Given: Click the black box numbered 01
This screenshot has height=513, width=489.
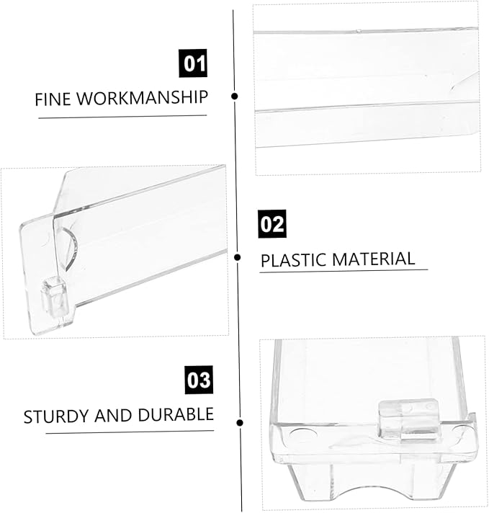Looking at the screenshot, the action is [193, 63].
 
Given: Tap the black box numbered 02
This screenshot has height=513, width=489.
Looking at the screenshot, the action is [272, 224].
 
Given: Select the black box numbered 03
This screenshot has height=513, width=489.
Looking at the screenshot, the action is [199, 380].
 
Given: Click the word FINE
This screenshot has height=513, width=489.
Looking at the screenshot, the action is [53, 99].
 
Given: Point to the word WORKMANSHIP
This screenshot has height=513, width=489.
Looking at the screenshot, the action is [143, 97].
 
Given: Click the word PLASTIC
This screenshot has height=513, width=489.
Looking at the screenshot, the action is [293, 260].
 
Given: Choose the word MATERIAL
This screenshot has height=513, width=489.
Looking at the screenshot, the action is [374, 259].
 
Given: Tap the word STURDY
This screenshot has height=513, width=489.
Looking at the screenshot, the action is [56, 416].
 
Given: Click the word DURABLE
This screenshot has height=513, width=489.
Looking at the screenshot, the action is [176, 414].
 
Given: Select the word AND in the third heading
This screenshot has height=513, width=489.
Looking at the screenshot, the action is [113, 416].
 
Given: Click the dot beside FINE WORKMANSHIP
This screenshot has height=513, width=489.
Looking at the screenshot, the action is [234, 97].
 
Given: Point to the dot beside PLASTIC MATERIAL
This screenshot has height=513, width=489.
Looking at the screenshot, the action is [238, 257].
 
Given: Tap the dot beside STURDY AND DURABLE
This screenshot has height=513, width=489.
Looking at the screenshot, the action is [240, 423].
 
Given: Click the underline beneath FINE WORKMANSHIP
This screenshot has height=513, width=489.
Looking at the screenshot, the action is [122, 117].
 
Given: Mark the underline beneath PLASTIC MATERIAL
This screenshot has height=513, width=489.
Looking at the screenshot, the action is [344, 271].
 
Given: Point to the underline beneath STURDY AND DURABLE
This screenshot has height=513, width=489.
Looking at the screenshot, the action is [130, 432].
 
